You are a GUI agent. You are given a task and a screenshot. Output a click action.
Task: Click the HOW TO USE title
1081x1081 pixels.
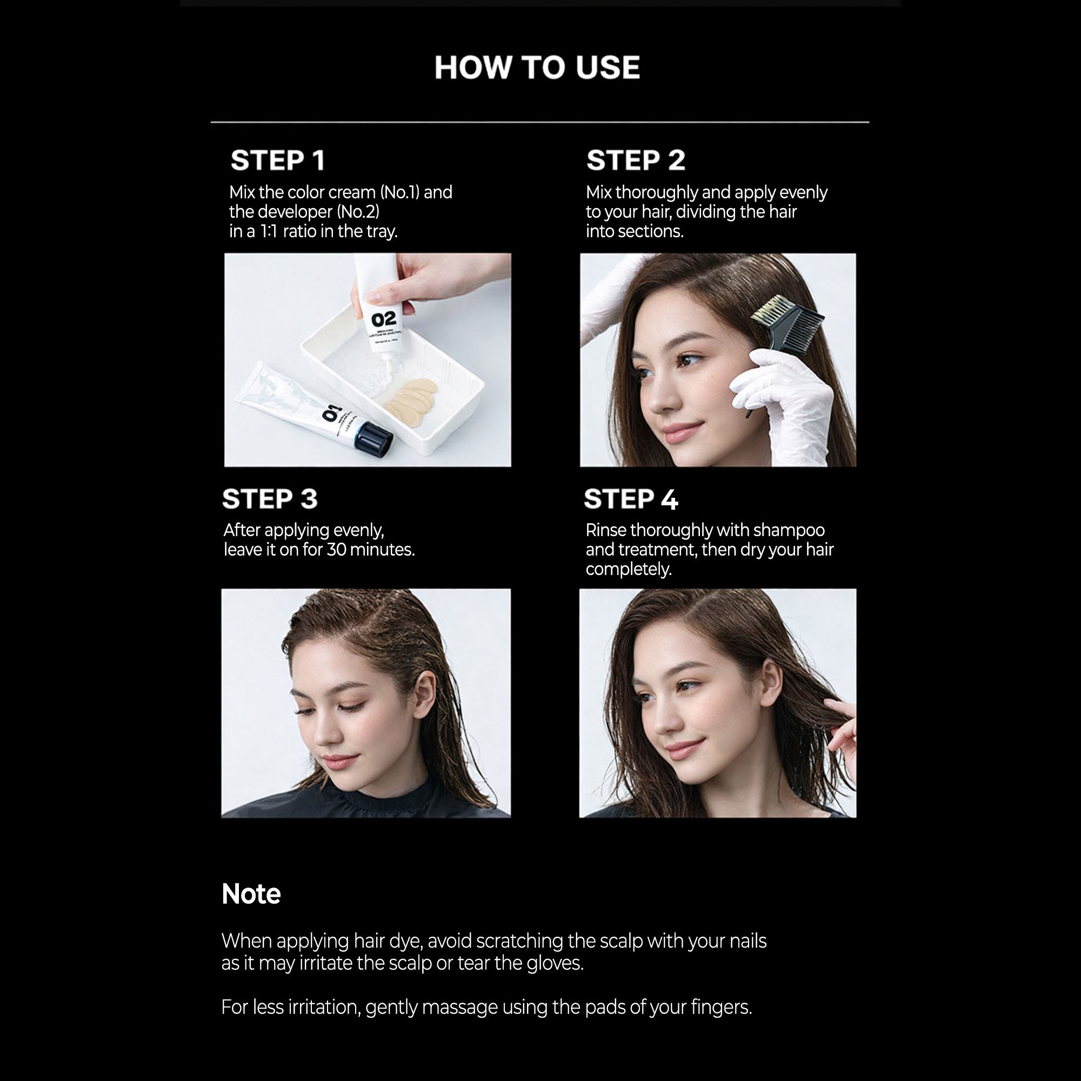537,68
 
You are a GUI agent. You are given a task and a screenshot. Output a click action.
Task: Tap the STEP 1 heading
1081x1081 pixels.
277,161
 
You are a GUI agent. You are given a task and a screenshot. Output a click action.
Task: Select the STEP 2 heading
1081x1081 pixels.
636,161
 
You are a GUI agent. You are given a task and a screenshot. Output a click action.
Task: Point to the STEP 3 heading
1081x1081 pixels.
270,498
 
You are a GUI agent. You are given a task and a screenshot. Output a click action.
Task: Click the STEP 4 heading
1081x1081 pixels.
631,498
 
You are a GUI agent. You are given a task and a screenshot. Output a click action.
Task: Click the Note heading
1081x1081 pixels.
251,893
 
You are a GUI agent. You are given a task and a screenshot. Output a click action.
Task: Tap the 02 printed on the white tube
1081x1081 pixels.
383,319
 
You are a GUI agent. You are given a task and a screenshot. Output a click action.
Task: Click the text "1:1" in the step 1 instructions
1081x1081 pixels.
269,231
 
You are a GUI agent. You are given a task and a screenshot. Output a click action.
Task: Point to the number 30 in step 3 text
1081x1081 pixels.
336,550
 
